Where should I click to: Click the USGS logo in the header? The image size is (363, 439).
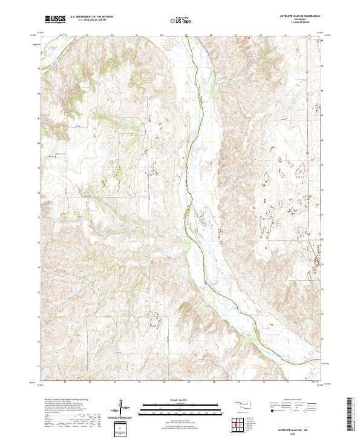coord(55,19)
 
